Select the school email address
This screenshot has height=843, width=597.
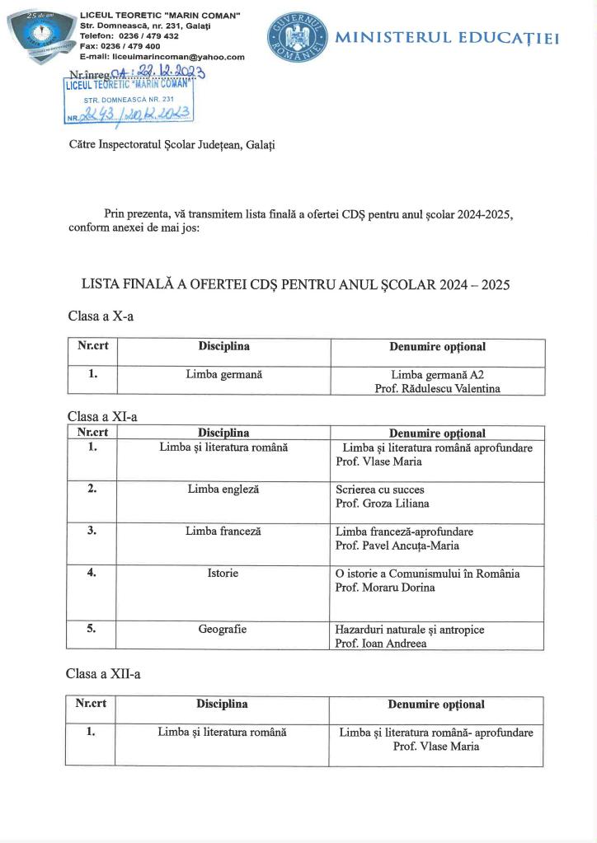[x=162, y=57]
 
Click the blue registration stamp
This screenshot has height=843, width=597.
[x=129, y=101]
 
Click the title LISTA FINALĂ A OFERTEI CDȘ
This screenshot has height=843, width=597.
[x=295, y=285]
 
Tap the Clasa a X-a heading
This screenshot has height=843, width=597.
[x=100, y=316]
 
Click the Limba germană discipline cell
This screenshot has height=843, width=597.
[x=223, y=374]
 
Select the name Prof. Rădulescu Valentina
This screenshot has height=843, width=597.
[x=437, y=389]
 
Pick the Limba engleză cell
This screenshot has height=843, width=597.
[x=223, y=489]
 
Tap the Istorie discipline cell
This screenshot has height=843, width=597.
[x=223, y=573]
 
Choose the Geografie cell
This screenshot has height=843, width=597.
[x=223, y=630]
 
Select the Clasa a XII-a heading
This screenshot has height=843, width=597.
[x=103, y=674]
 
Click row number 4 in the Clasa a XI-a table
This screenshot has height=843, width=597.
[x=92, y=573]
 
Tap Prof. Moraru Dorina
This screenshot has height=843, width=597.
[x=385, y=588]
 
